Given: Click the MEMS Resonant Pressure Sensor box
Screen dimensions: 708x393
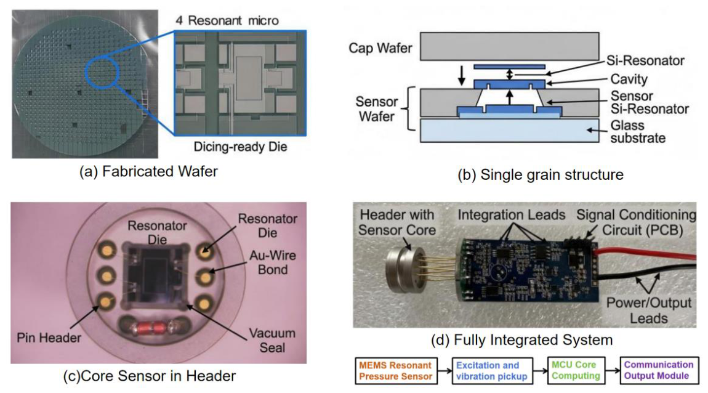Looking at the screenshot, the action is point(396,371).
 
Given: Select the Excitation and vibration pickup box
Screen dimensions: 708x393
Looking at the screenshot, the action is point(492,371).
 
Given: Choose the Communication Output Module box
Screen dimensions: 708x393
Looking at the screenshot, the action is point(659,370).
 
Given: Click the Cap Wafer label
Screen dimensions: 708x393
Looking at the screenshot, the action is point(380,48).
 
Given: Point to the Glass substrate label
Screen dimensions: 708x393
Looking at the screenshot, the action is point(638,131).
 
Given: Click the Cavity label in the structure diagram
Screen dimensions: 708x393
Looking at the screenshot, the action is point(629,79).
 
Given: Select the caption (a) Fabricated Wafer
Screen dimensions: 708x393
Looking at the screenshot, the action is point(148,171).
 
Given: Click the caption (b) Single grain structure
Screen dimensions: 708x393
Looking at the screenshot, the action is point(541,174).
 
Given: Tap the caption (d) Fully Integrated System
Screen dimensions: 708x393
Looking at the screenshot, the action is point(521,339).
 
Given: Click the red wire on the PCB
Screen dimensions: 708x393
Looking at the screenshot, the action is point(646,254).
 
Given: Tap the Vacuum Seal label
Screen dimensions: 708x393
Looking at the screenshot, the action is point(272,340).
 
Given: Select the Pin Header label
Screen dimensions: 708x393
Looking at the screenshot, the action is point(49,338).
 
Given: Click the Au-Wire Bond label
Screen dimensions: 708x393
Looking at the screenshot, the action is point(273,262).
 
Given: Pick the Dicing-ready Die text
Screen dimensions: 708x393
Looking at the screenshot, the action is point(240,147).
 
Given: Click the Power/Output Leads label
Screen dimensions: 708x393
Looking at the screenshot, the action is point(649,310).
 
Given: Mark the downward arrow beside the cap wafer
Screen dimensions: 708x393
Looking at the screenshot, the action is point(461,75).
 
